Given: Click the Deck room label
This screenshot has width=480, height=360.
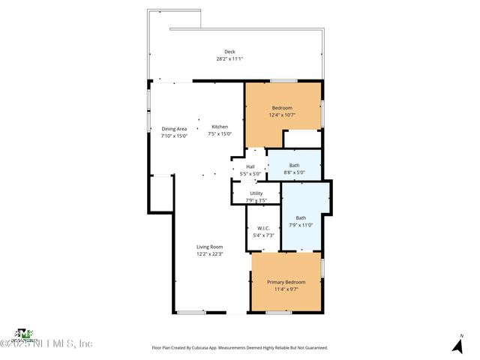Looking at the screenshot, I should point(229,52).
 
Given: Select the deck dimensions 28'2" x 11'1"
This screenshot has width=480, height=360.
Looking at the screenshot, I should point(229,58).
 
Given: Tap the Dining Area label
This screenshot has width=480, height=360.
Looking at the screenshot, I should point(174,129).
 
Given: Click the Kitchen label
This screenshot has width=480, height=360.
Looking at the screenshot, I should point(220,127).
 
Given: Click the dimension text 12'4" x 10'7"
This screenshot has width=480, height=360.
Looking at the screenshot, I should point(282,115).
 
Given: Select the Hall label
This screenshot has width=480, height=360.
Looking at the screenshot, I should point(250,166).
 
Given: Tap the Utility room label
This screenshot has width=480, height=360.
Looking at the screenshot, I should point(255,193).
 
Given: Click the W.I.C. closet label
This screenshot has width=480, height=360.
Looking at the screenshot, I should point(263,229).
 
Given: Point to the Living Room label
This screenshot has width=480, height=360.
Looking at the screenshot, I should point(210,247).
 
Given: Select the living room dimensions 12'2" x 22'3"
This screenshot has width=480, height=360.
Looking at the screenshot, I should point(210,254).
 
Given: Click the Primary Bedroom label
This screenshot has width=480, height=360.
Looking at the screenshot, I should point(286,282).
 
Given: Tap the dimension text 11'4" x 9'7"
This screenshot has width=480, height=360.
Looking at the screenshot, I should point(286,289).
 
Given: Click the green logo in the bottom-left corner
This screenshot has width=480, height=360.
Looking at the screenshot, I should point(25,333).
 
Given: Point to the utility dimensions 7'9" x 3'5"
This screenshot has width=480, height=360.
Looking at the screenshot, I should point(255,200).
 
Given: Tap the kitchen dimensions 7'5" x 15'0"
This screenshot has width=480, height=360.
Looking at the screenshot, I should point(220,134).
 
